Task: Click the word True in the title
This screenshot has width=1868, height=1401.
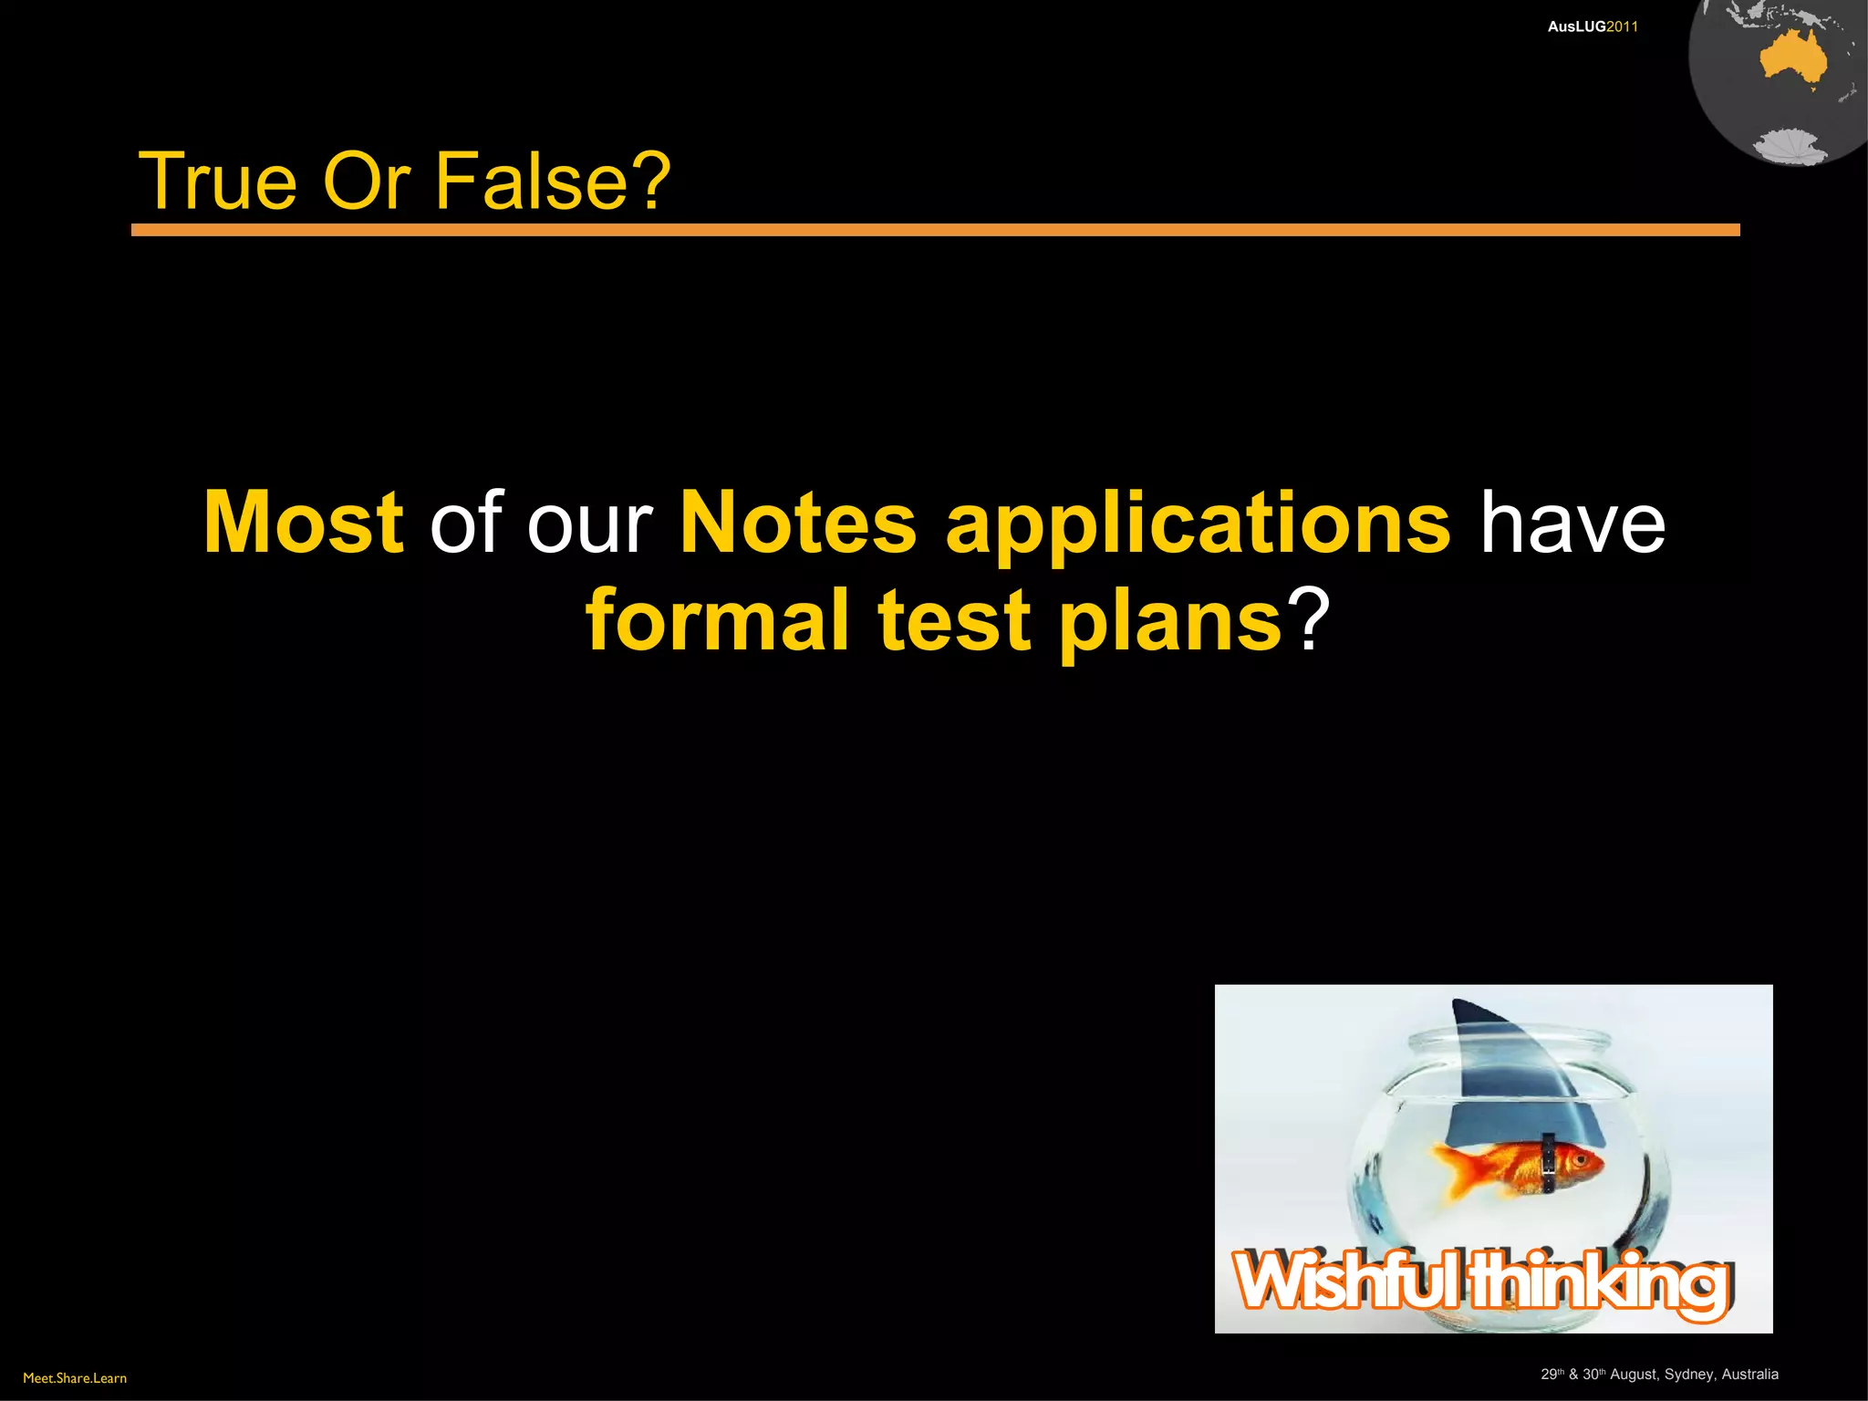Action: click(217, 181)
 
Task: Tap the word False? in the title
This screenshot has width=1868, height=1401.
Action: click(553, 181)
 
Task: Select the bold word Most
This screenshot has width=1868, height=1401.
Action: click(303, 523)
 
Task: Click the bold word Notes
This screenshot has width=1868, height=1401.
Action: click(798, 523)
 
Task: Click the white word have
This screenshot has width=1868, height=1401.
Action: click(1572, 523)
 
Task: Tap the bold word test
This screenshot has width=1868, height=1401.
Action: click(954, 620)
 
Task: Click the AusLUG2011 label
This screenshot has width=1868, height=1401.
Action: click(1593, 27)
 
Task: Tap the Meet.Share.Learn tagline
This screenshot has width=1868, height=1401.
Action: click(75, 1378)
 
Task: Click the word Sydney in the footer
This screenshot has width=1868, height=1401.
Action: click(1688, 1375)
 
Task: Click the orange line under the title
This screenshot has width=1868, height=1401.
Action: click(935, 230)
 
